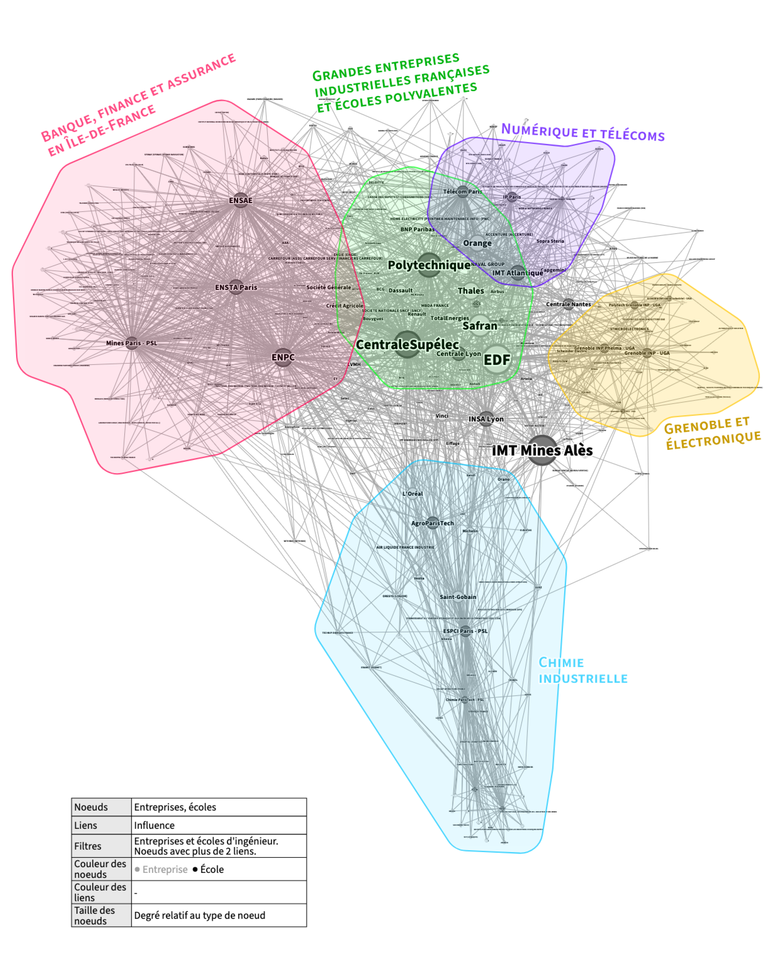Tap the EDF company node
[497, 360]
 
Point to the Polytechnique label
[429, 265]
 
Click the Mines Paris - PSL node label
[132, 343]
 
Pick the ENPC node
[283, 357]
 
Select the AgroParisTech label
[432, 523]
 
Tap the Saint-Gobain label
[458, 597]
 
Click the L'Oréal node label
[412, 493]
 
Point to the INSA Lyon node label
[486, 419]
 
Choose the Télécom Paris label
[462, 191]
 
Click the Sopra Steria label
[550, 241]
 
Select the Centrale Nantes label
[568, 304]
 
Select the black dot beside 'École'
[195, 869]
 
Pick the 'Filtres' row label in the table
[88, 846]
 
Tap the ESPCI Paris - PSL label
[465, 631]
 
